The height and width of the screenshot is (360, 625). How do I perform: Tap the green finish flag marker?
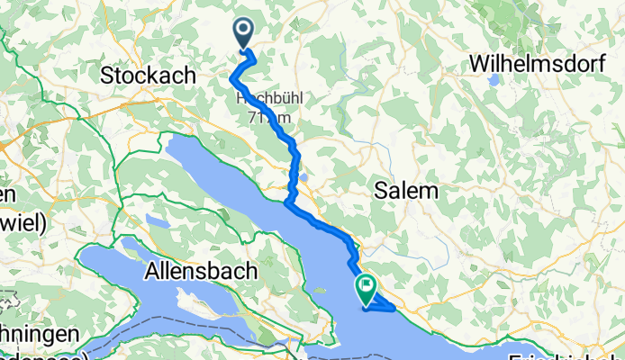point(367,289)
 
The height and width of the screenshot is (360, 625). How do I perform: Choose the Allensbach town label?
point(201,270)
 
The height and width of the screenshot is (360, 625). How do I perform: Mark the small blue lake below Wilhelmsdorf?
point(494,80)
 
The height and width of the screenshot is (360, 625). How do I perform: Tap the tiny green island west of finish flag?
point(317,291)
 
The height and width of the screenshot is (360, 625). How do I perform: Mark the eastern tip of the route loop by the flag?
point(394,309)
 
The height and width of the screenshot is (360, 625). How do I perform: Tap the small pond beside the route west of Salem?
point(305,176)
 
